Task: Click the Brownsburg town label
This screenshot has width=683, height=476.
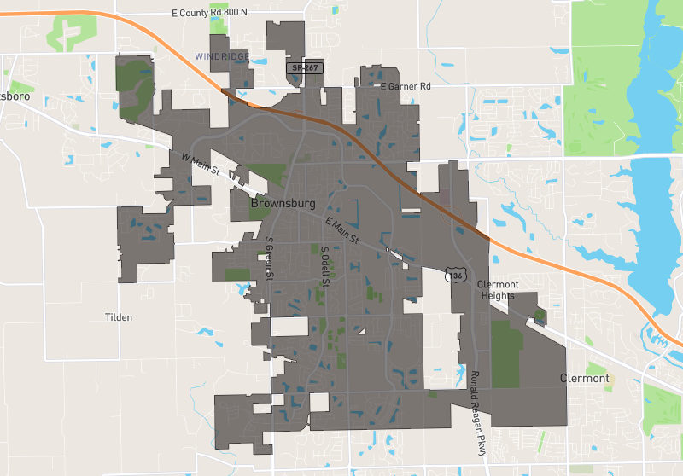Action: click(x=283, y=205)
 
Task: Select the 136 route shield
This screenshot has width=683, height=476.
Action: click(x=456, y=275)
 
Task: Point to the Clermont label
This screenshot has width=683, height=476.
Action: click(x=585, y=378)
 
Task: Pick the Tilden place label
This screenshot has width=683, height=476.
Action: click(x=119, y=317)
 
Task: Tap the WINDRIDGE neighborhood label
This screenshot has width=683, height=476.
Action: click(x=222, y=56)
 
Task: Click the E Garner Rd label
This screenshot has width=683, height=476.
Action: click(x=406, y=87)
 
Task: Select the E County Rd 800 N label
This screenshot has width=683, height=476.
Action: click(x=209, y=13)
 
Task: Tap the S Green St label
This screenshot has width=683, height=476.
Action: click(x=268, y=258)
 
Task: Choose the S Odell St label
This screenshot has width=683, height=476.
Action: click(x=324, y=266)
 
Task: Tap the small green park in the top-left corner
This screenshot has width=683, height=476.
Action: click(x=67, y=31)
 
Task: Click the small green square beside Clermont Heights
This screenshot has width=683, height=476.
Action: click(x=540, y=316)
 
